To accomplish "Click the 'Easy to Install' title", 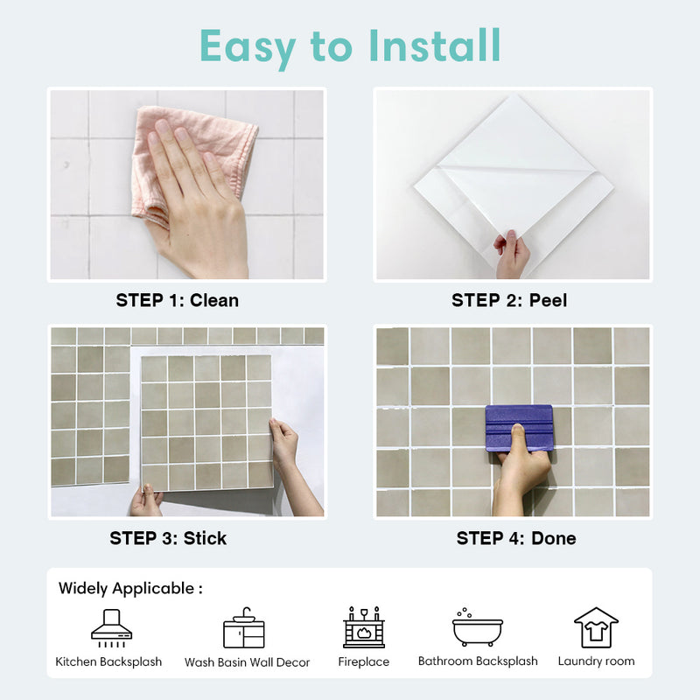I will pos(350,45).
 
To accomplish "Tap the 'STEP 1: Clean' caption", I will pos(178,300).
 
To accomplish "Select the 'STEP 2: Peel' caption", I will pos(509,300).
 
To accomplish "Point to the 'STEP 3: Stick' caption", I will pos(168,538).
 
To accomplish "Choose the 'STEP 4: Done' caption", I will pos(516,538).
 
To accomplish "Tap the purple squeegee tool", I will pos(519,426).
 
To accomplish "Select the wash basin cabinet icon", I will pos(243,627).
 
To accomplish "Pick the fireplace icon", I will pos(364,627).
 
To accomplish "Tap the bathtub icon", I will pos(477,627).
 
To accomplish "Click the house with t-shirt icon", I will pos(596,627).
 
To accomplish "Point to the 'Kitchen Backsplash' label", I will pos(108,661).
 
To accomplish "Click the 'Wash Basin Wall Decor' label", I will pos(247,662).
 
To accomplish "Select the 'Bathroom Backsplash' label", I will pos(478,661).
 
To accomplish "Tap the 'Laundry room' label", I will pos(596,661).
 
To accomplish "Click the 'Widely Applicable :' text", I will pos(130,588).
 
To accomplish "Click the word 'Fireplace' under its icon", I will pos(364,661).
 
